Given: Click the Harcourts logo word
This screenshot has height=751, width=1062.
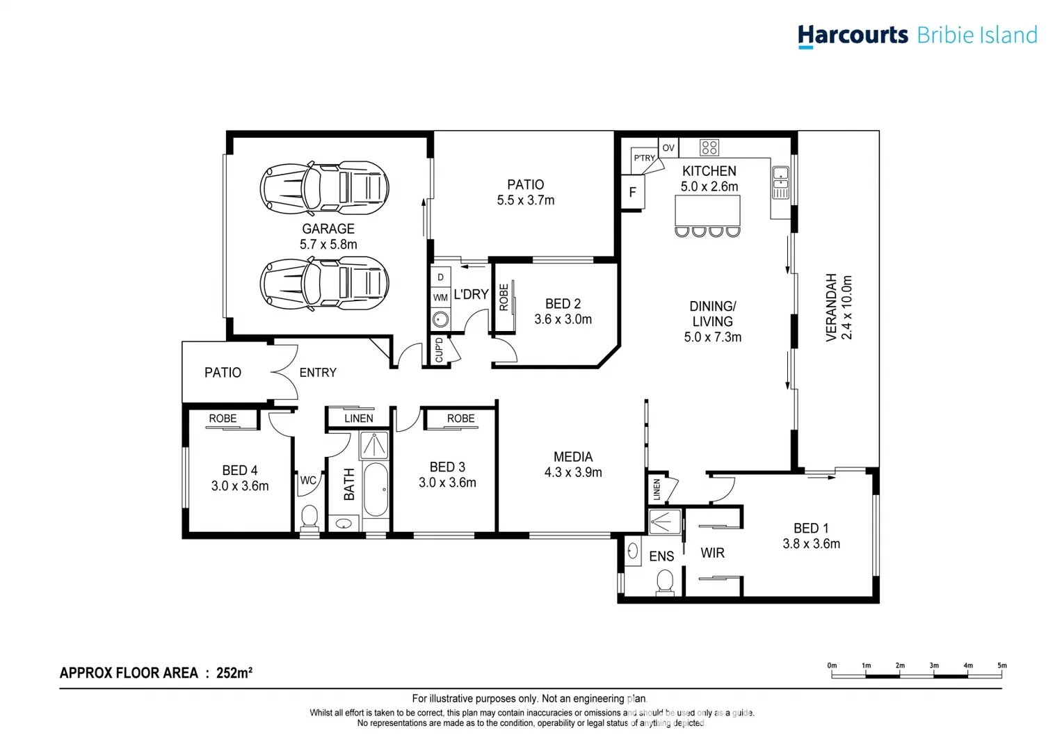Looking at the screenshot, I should (x=853, y=35).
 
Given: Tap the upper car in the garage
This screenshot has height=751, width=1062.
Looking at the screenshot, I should (x=324, y=188).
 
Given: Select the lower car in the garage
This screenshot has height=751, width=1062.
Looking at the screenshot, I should (x=324, y=283).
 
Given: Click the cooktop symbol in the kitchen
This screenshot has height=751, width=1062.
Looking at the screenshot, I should (x=709, y=147).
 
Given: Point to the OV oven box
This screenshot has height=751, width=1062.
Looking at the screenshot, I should (x=668, y=147).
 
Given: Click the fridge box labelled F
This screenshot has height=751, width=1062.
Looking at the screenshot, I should (x=633, y=192).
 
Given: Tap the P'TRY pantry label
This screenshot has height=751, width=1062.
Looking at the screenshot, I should (x=644, y=158).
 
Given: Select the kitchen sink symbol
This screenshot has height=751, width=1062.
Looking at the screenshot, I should (x=781, y=183).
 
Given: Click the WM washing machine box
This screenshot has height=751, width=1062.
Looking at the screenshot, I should (x=440, y=298).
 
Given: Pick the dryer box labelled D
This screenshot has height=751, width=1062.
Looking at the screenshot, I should (x=440, y=277).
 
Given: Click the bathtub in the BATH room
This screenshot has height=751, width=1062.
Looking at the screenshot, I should (x=376, y=489).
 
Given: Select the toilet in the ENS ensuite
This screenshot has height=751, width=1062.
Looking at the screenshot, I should (x=665, y=582).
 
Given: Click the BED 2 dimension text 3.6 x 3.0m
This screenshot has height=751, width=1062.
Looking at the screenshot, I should (x=563, y=319).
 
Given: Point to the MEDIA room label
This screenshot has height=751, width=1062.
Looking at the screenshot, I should (x=573, y=457).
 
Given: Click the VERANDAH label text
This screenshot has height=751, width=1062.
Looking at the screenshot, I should (x=831, y=307).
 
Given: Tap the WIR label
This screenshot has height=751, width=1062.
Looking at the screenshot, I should (x=712, y=553).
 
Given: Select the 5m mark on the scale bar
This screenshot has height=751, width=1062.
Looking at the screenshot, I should (x=1001, y=666).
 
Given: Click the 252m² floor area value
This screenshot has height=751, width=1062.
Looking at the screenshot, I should (x=234, y=673).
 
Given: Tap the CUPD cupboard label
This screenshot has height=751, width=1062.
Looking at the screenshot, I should (x=439, y=350).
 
